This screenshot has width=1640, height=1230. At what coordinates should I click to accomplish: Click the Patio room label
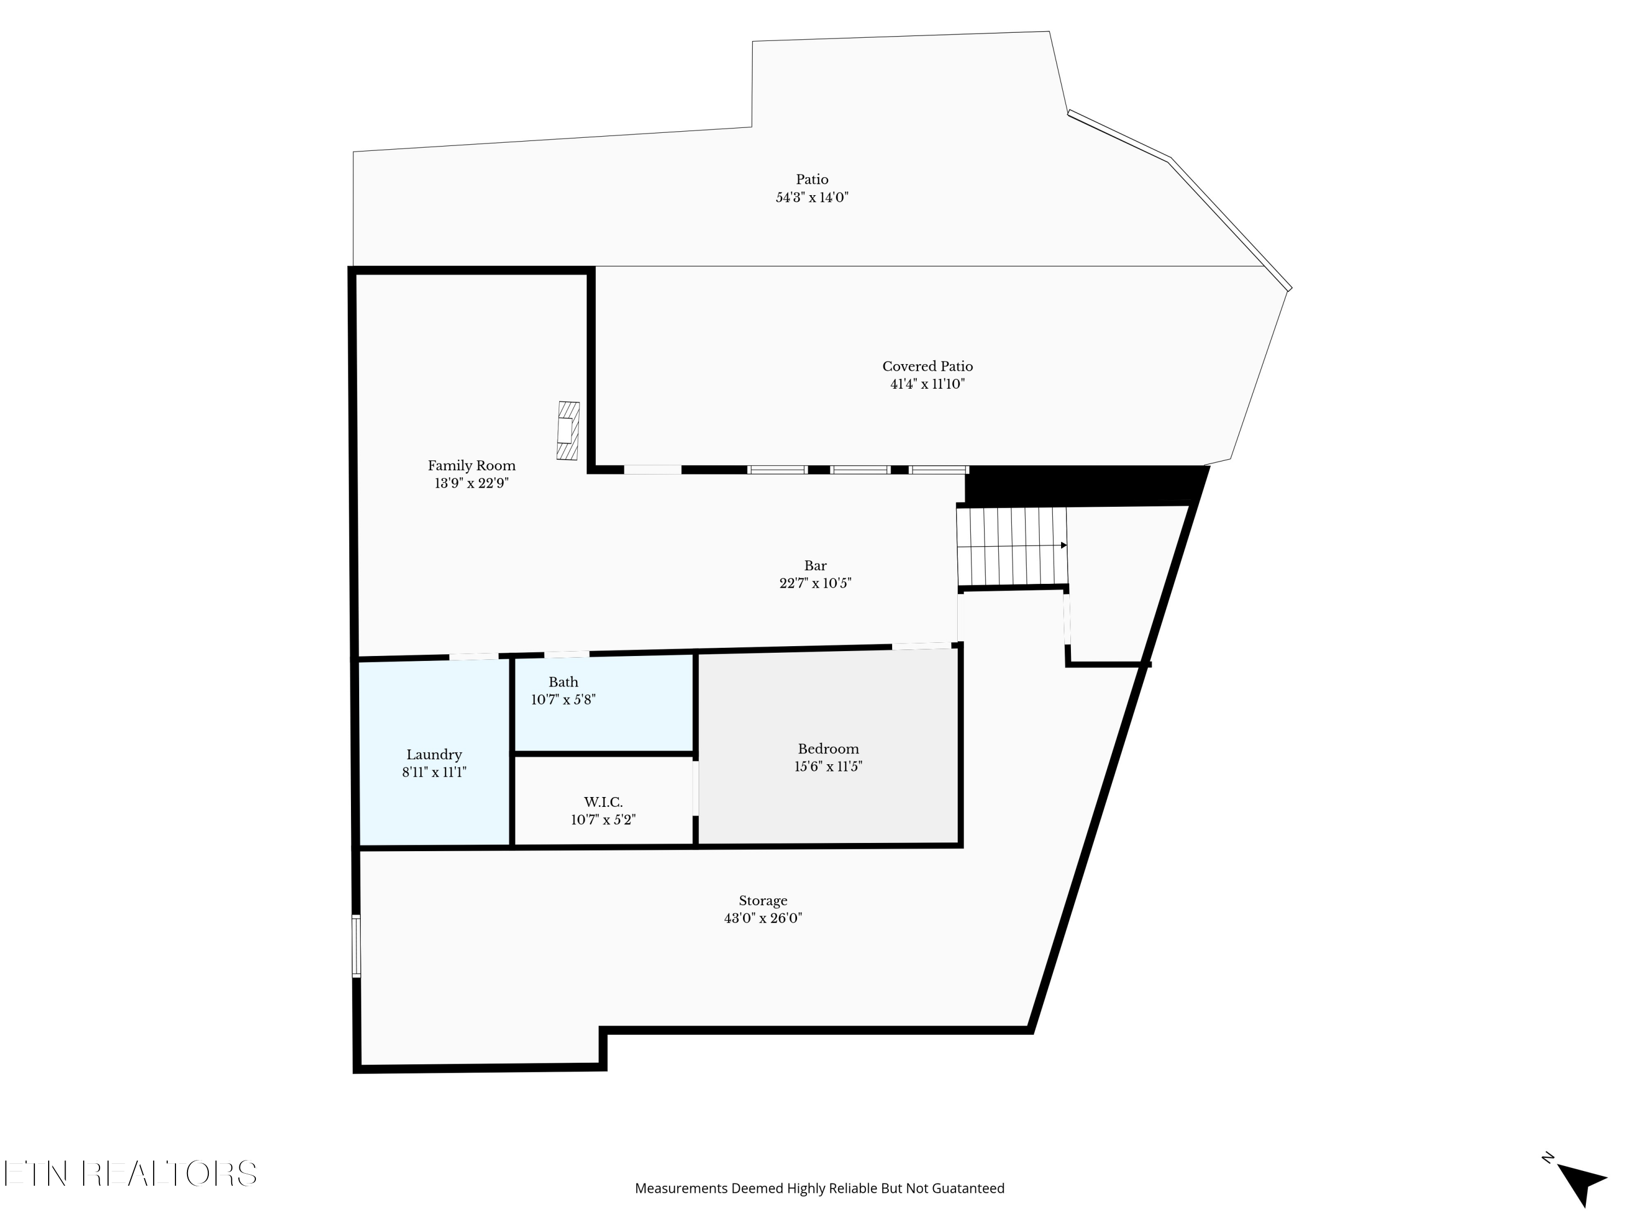click(x=812, y=179)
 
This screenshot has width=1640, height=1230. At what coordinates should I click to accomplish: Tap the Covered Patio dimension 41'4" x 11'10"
click(x=927, y=384)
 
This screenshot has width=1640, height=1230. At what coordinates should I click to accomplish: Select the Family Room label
click(x=472, y=466)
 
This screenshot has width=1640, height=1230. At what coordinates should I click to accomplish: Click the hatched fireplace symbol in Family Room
click(x=568, y=431)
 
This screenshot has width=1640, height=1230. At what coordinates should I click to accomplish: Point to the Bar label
click(x=815, y=566)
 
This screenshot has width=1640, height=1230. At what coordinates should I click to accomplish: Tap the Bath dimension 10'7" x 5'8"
click(x=563, y=700)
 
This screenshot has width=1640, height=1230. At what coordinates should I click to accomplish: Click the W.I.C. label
click(x=603, y=802)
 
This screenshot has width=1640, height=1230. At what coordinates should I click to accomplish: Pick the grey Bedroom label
click(x=828, y=749)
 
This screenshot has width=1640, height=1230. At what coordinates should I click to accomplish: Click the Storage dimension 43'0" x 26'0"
click(x=763, y=918)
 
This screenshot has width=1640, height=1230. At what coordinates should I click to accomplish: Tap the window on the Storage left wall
click(x=356, y=946)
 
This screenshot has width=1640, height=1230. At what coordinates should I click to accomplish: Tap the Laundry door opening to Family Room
click(x=474, y=656)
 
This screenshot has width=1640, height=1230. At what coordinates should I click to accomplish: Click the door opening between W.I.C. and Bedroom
click(x=695, y=788)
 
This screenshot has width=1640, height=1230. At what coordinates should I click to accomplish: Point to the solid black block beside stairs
click(x=1082, y=485)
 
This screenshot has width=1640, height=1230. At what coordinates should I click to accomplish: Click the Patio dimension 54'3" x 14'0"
click(x=812, y=198)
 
